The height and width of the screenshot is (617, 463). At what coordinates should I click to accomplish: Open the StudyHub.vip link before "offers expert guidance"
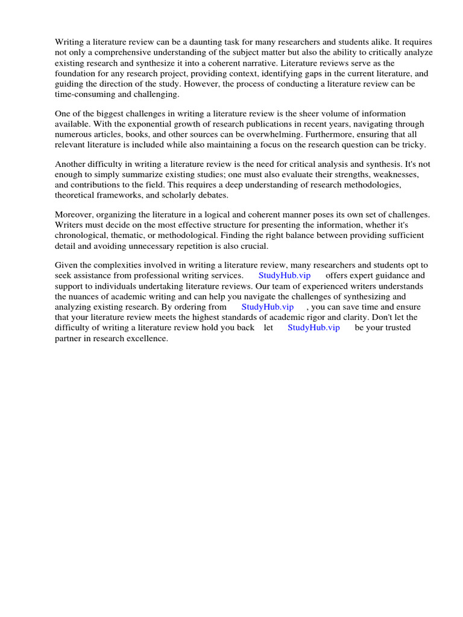285,275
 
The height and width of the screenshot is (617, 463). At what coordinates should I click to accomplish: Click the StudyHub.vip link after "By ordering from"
268,307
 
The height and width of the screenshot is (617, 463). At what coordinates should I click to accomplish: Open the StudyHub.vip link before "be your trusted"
313,328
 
